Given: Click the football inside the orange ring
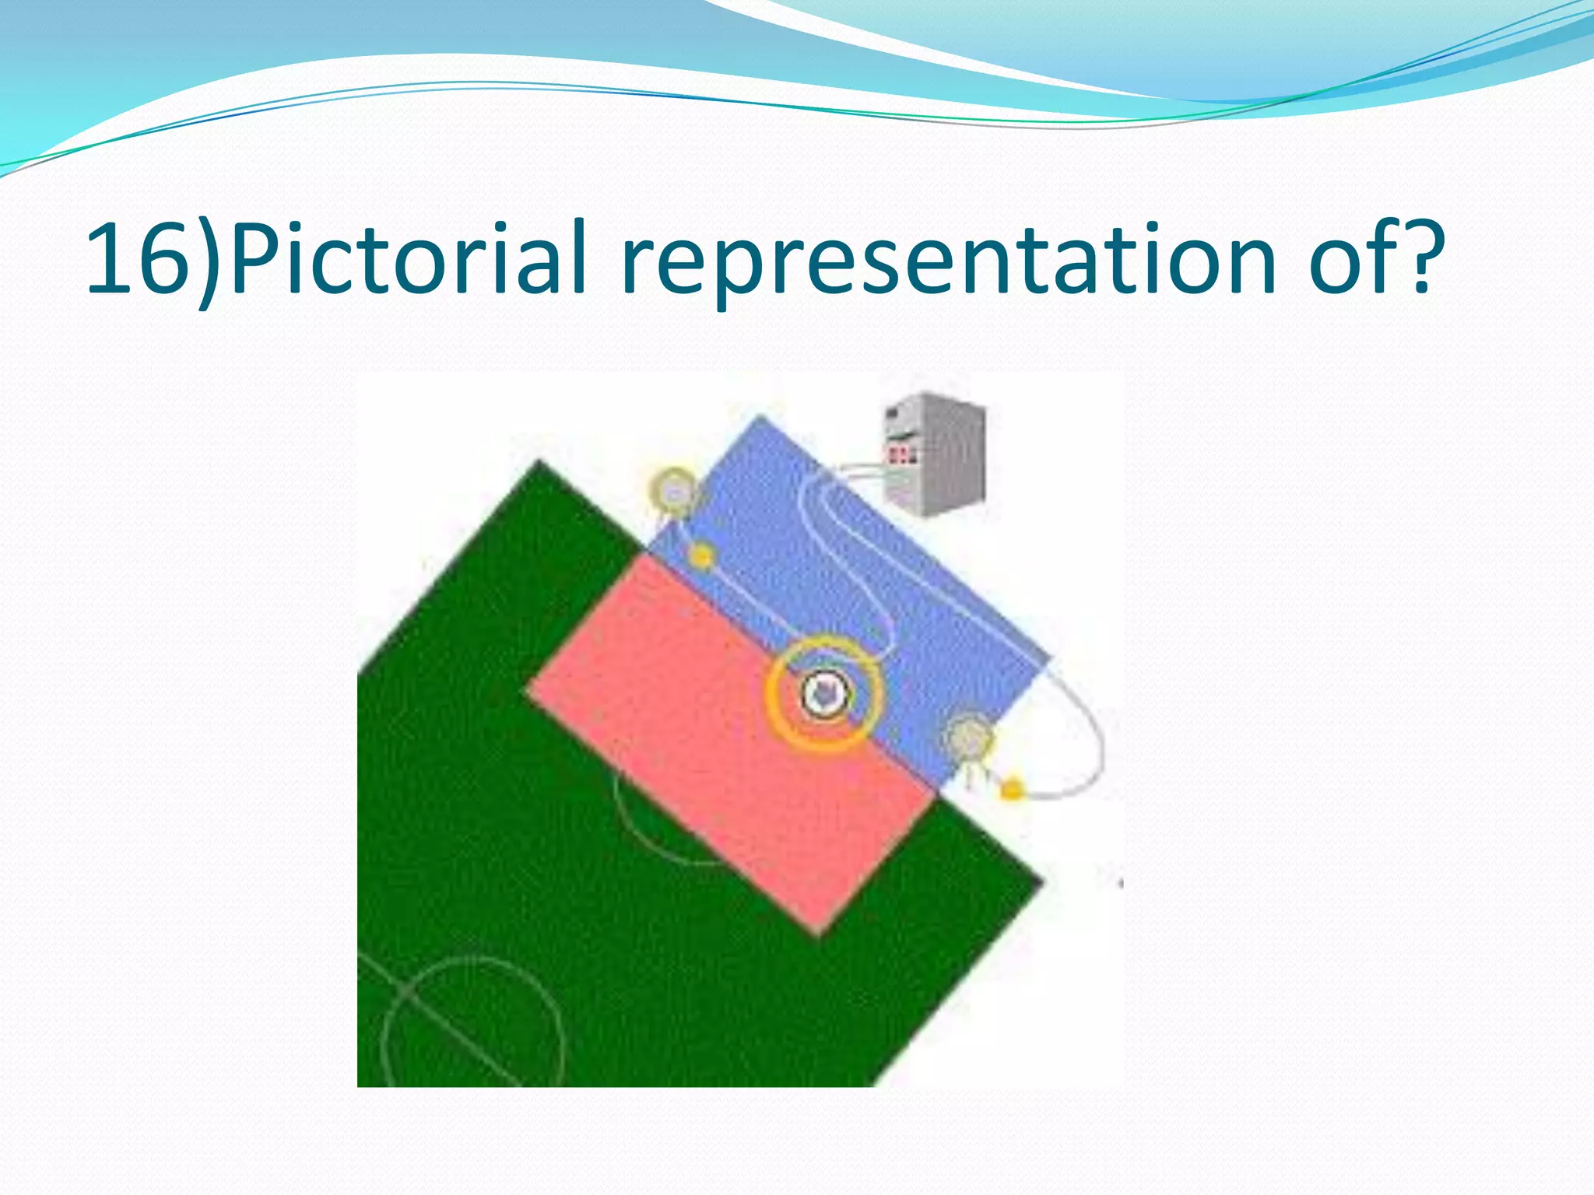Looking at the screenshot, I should click(824, 693).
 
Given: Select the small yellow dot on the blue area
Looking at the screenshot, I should click(702, 555).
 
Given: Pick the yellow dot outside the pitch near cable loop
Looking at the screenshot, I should click(1011, 790).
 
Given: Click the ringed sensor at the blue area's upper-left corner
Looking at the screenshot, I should click(674, 490).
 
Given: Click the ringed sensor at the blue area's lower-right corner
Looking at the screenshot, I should click(969, 738).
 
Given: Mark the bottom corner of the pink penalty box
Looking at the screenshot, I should click(817, 932).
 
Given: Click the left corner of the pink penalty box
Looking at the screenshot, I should click(528, 689).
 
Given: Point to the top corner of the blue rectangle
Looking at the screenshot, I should click(760, 417).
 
